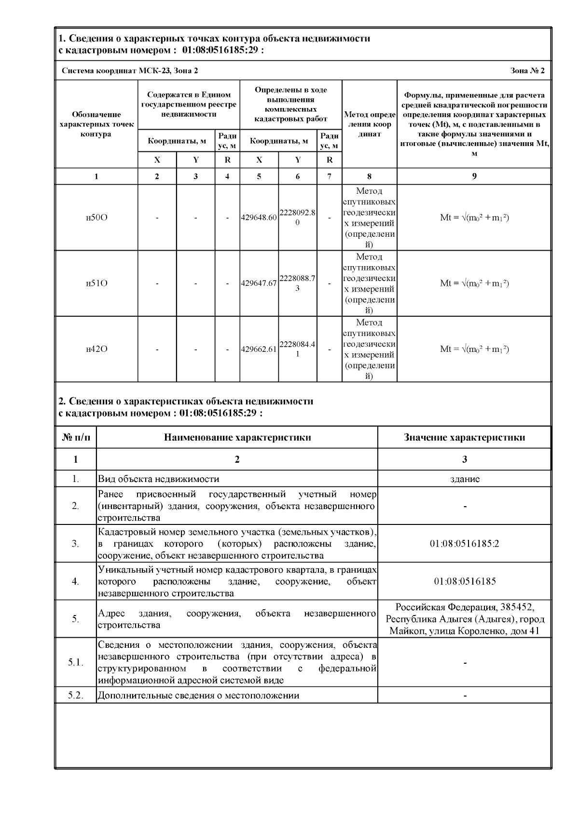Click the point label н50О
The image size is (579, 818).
[x=96, y=217]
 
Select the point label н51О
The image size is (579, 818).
[x=96, y=283]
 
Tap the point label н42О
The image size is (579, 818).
[x=96, y=349]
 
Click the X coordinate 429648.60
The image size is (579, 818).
[x=259, y=217]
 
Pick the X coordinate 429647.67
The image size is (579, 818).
[x=259, y=283]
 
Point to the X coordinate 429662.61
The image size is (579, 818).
[x=259, y=349]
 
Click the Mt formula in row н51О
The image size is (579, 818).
[x=474, y=283]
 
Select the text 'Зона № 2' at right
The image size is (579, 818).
[x=527, y=71]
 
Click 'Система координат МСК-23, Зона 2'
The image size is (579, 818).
[x=130, y=71]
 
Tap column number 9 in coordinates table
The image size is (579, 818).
[x=474, y=176]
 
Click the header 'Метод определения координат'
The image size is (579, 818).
[x=370, y=124]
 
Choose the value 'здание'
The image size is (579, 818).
[x=464, y=479]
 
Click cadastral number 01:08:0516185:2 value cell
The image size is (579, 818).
[x=464, y=544]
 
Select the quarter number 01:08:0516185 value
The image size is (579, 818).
[x=464, y=581]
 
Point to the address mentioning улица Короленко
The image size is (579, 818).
[x=464, y=619]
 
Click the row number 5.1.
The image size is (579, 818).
[x=75, y=662]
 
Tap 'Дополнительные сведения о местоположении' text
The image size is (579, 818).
[x=198, y=695]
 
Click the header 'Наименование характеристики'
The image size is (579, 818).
[x=237, y=438]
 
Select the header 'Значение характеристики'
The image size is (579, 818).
[x=464, y=438]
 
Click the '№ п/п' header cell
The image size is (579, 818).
[x=76, y=438]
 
